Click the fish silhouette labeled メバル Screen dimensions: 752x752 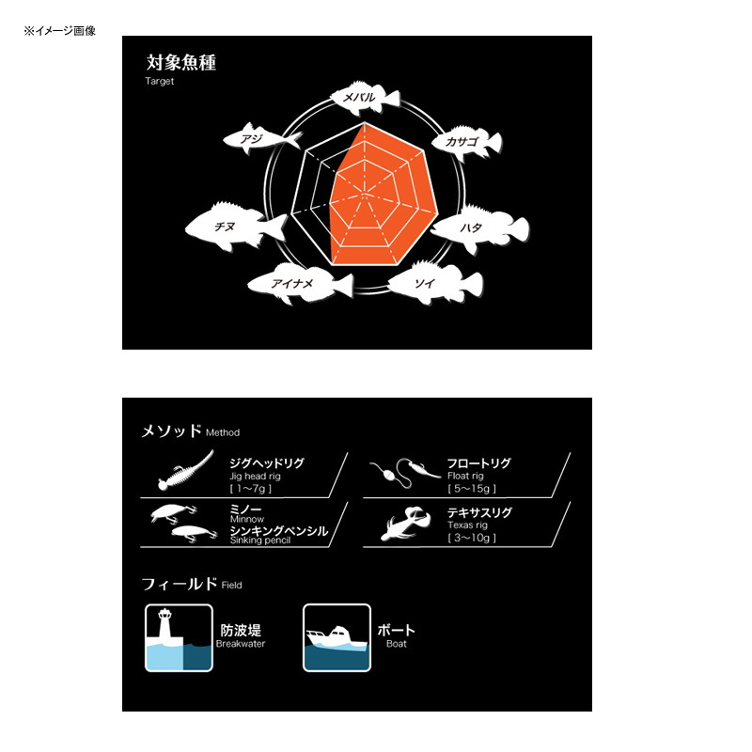[x=365, y=98]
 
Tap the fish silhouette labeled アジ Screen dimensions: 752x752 [x=261, y=139]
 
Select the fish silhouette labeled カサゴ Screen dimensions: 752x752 [x=467, y=142]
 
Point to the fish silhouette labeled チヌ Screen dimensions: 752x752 [x=236, y=227]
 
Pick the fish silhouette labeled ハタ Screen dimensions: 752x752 [x=479, y=228]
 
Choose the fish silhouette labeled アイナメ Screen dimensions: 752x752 [x=301, y=283]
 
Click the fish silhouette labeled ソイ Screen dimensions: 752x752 [x=435, y=283]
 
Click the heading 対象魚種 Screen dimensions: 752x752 [x=180, y=62]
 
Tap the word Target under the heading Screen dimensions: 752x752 [x=159, y=81]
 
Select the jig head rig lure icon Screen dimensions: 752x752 [x=186, y=470]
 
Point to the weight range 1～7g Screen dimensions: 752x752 [x=250, y=489]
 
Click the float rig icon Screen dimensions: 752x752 [x=405, y=473]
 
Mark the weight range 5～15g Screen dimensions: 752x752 [x=472, y=489]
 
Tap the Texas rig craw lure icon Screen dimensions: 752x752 [x=406, y=524]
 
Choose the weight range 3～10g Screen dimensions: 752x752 [x=472, y=538]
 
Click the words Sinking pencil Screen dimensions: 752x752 [x=260, y=540]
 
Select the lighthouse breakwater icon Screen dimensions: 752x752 [x=179, y=638]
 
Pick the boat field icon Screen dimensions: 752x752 [x=337, y=638]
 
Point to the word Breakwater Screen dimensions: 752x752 [x=241, y=644]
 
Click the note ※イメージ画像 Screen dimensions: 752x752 [x=60, y=31]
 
